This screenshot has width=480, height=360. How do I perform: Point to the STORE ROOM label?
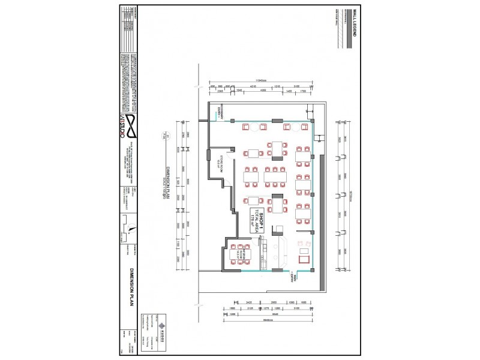point(219,163)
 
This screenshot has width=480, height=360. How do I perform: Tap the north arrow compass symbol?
point(128,227)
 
